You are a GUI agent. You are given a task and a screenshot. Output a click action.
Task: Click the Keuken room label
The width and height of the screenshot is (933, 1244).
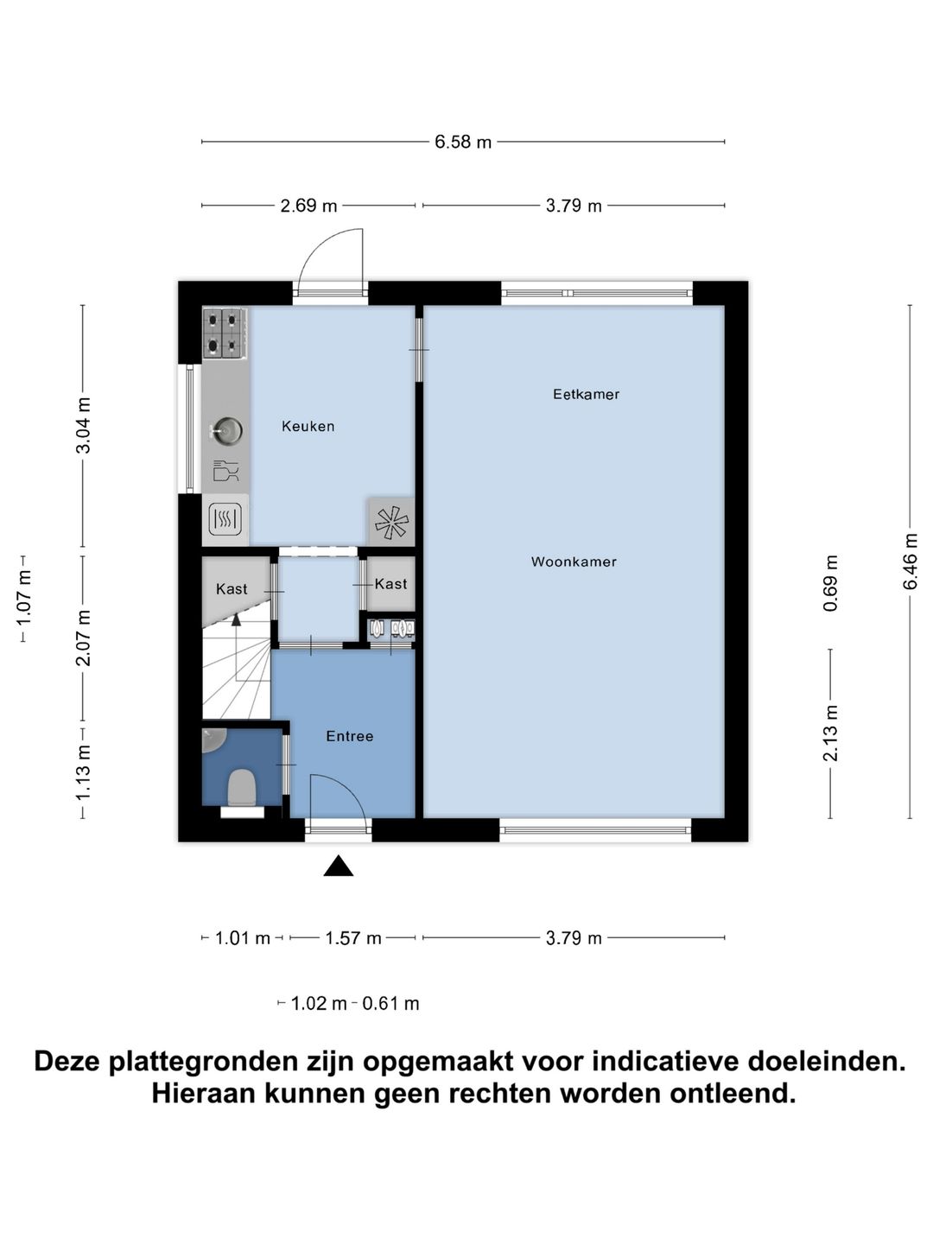click(308, 426)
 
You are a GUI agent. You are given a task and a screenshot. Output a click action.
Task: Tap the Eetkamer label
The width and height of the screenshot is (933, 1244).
click(586, 394)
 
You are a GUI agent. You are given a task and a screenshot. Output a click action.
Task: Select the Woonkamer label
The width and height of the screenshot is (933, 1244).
click(574, 562)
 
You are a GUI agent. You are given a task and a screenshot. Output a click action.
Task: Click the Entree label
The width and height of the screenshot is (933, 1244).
click(349, 736)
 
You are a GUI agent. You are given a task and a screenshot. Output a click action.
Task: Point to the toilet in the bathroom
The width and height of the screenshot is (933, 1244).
click(242, 787)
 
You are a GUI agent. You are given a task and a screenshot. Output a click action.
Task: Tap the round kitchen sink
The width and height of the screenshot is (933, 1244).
click(228, 430)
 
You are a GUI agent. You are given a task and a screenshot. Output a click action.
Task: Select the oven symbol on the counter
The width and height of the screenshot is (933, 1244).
click(225, 519)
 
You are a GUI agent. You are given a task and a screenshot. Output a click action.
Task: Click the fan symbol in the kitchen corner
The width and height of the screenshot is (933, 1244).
click(390, 522)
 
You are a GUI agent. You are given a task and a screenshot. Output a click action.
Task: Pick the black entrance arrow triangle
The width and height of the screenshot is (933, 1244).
click(339, 866)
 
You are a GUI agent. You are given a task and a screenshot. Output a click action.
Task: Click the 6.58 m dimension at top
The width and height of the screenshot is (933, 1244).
click(463, 142)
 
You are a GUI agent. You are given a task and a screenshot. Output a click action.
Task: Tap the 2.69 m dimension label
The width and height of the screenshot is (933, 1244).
click(308, 206)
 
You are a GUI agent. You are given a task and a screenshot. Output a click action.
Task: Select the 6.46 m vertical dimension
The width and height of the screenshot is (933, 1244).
click(911, 562)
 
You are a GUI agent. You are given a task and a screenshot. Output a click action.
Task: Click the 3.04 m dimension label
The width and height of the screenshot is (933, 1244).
click(83, 425)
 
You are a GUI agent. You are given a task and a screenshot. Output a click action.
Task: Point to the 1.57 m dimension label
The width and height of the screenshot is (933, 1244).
click(352, 938)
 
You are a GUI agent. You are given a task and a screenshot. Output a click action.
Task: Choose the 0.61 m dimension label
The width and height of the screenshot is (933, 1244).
click(390, 1004)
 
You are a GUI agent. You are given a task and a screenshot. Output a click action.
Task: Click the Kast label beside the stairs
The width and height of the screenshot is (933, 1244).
click(232, 588)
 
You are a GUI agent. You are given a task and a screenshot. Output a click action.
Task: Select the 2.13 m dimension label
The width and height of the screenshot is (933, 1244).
click(830, 733)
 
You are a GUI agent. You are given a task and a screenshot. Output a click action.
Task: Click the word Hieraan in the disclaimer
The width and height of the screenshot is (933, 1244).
click(204, 1094)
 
